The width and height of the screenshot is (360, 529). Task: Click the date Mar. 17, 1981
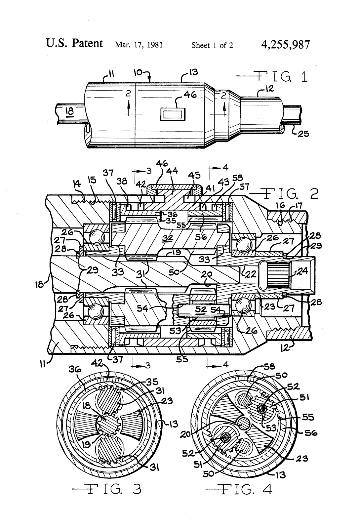[139, 45]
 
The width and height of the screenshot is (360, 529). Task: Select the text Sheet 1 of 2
[212, 45]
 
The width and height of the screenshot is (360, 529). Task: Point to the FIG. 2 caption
[284, 193]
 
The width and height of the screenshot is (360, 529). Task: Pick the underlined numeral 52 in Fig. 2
[201, 309]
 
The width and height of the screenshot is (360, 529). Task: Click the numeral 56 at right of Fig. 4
[311, 432]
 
